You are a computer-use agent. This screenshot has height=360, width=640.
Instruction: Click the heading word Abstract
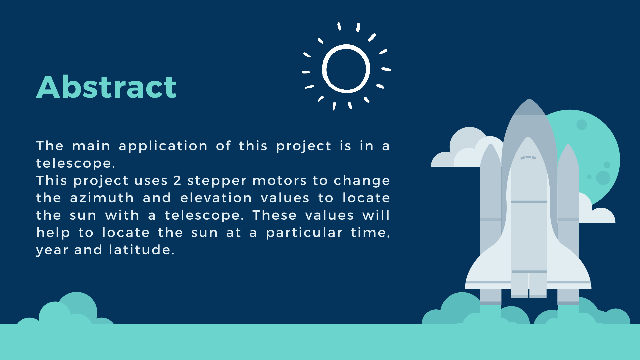[x=106, y=87]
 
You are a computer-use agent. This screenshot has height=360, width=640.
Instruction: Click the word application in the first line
[x=163, y=146]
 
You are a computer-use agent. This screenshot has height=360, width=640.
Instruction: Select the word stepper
[x=217, y=181]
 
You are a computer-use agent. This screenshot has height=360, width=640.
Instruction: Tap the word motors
[x=279, y=181]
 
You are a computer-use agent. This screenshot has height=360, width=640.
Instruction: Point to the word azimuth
[x=102, y=198]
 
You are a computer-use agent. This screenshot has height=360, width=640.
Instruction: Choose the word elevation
[x=216, y=198]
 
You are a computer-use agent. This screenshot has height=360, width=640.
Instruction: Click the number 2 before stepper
[x=177, y=181]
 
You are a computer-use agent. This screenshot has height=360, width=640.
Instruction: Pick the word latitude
[x=140, y=250]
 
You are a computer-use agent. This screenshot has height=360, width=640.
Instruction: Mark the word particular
[x=304, y=233]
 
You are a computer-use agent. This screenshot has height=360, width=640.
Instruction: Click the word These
[x=274, y=215]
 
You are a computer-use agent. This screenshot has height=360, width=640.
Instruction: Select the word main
[x=91, y=146]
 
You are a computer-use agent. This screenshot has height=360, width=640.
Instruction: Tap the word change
[x=362, y=181]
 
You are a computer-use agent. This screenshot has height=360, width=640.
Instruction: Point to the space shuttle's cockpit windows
[x=528, y=157]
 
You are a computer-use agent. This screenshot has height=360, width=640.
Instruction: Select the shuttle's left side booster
[x=490, y=223]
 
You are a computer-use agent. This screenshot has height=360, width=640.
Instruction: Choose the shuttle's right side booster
[x=568, y=223]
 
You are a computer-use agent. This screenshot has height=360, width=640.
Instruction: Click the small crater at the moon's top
[x=582, y=125]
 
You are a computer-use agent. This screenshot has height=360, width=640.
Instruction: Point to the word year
[x=52, y=250]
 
